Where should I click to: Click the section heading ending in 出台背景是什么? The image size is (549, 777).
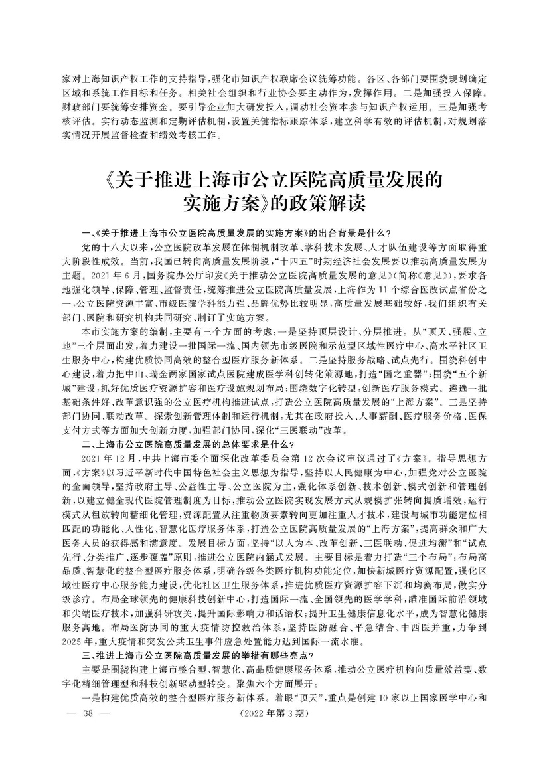[x=239, y=232]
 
